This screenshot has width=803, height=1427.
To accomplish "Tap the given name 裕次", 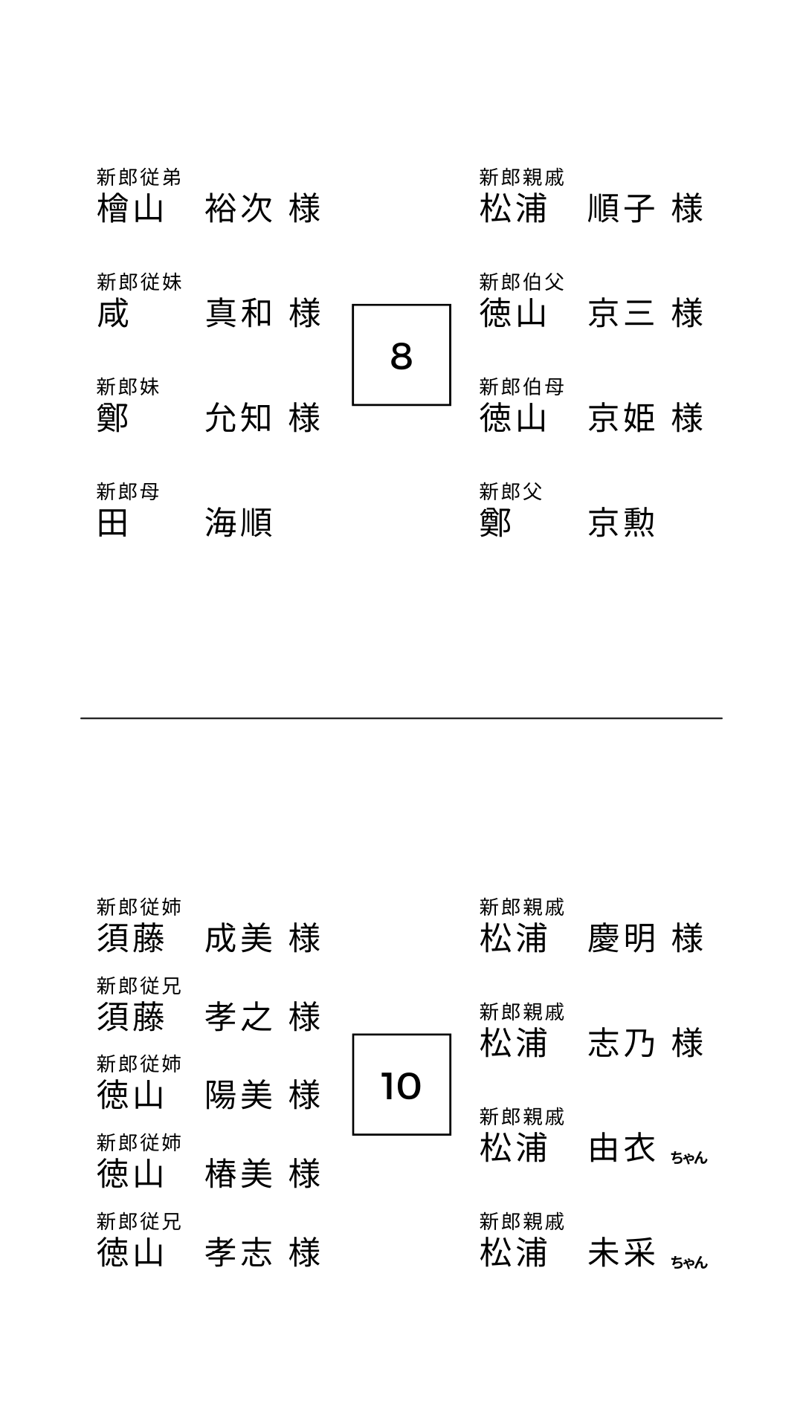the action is point(239,209).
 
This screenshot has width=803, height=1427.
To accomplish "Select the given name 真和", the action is point(239,314).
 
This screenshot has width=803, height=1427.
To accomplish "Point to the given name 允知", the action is point(239,418).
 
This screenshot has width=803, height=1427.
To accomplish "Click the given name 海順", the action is point(239,523).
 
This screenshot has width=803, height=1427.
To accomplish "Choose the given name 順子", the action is point(622,209).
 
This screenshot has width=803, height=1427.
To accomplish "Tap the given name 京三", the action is point(622,314).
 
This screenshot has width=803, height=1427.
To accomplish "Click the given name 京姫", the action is point(622,418).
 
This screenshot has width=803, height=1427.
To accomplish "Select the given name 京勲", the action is point(622,523).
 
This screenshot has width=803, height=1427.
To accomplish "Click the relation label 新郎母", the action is point(128,491).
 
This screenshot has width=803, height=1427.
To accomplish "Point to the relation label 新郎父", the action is point(511,491).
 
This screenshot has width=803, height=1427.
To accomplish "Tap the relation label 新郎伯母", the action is point(522,386).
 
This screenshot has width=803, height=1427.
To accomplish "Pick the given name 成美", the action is point(239,939).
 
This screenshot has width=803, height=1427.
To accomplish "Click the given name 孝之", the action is point(239,1017).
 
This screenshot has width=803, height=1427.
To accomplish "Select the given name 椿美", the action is point(239,1174).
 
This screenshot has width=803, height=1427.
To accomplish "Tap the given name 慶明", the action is point(622,939).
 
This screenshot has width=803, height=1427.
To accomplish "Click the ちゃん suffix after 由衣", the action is point(689,1157).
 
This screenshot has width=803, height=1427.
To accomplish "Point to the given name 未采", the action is point(622,1253).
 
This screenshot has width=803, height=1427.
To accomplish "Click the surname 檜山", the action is point(131,209).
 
